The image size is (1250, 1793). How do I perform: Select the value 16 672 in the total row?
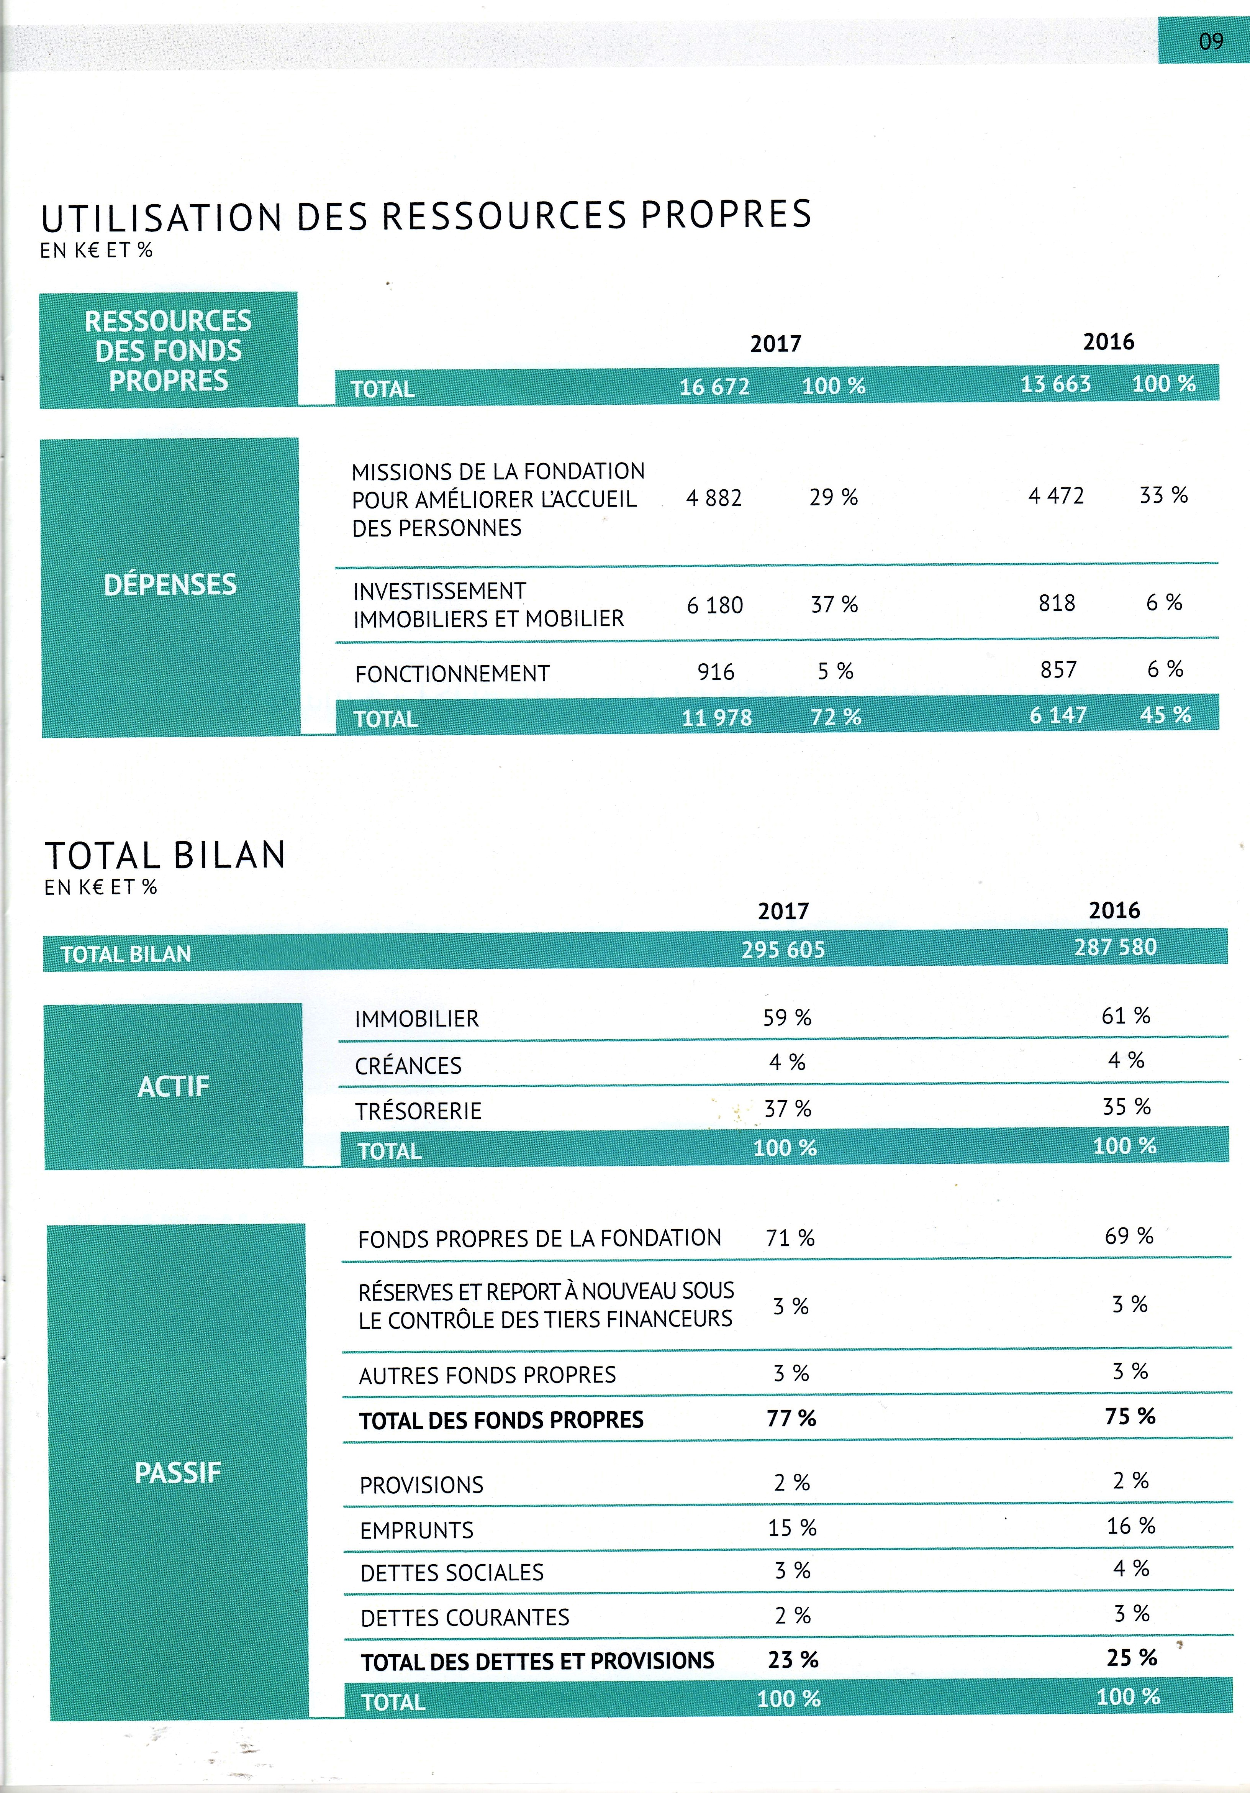(x=714, y=387)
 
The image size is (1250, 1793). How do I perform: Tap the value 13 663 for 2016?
(x=1056, y=384)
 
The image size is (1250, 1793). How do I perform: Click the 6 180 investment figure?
(x=714, y=605)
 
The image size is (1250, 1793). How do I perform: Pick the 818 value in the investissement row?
(x=1057, y=603)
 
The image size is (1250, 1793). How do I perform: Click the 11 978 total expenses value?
(x=716, y=718)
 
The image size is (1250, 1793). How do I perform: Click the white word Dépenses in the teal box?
(x=170, y=584)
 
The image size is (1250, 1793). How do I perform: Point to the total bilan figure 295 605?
(x=783, y=950)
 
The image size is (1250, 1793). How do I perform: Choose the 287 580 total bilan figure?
(x=1115, y=947)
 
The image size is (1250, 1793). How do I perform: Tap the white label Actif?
(x=173, y=1086)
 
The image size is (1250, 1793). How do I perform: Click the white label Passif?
(x=178, y=1473)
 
